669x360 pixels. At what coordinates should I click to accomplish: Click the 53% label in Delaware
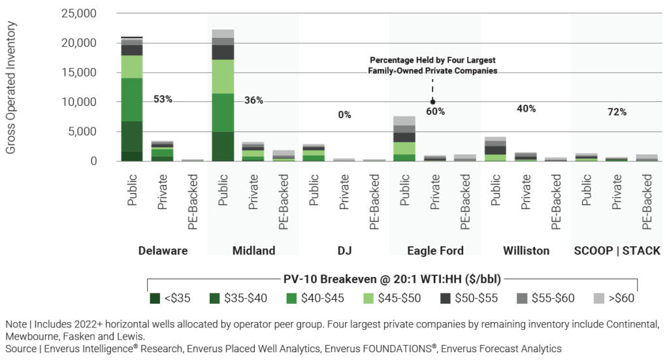point(163,99)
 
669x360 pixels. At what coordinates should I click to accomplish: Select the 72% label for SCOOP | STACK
point(617,112)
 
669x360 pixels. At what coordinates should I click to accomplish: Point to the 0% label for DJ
point(344,115)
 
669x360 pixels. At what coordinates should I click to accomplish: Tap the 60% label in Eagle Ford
point(436,112)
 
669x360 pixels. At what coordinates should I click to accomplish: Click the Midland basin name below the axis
point(253,251)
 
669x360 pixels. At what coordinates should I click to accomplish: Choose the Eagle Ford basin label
point(435,251)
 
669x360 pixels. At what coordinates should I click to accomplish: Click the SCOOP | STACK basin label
point(617,251)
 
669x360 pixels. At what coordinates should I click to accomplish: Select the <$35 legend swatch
point(155,299)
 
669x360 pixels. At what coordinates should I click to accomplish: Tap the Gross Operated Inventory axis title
point(11,87)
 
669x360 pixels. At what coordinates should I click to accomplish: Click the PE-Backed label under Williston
point(555,203)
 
